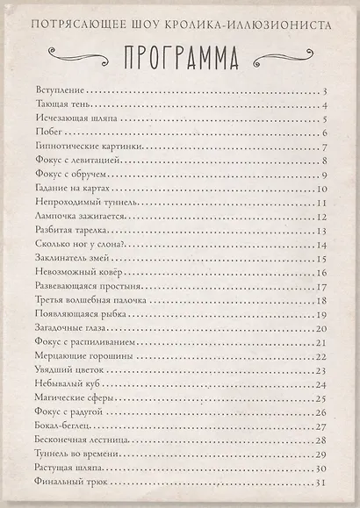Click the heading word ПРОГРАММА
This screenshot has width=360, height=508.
[179, 57]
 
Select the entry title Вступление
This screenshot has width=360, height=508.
[60, 90]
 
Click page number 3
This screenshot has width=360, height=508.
[325, 91]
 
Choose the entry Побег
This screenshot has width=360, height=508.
[47, 132]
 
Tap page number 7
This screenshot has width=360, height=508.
[325, 147]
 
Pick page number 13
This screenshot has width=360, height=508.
[322, 231]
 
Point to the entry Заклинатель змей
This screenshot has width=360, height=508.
[75, 258]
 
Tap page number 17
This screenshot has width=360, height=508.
[322, 287]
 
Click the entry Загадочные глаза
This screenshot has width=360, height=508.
[70, 328]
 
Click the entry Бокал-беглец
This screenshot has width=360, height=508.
[63, 426]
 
